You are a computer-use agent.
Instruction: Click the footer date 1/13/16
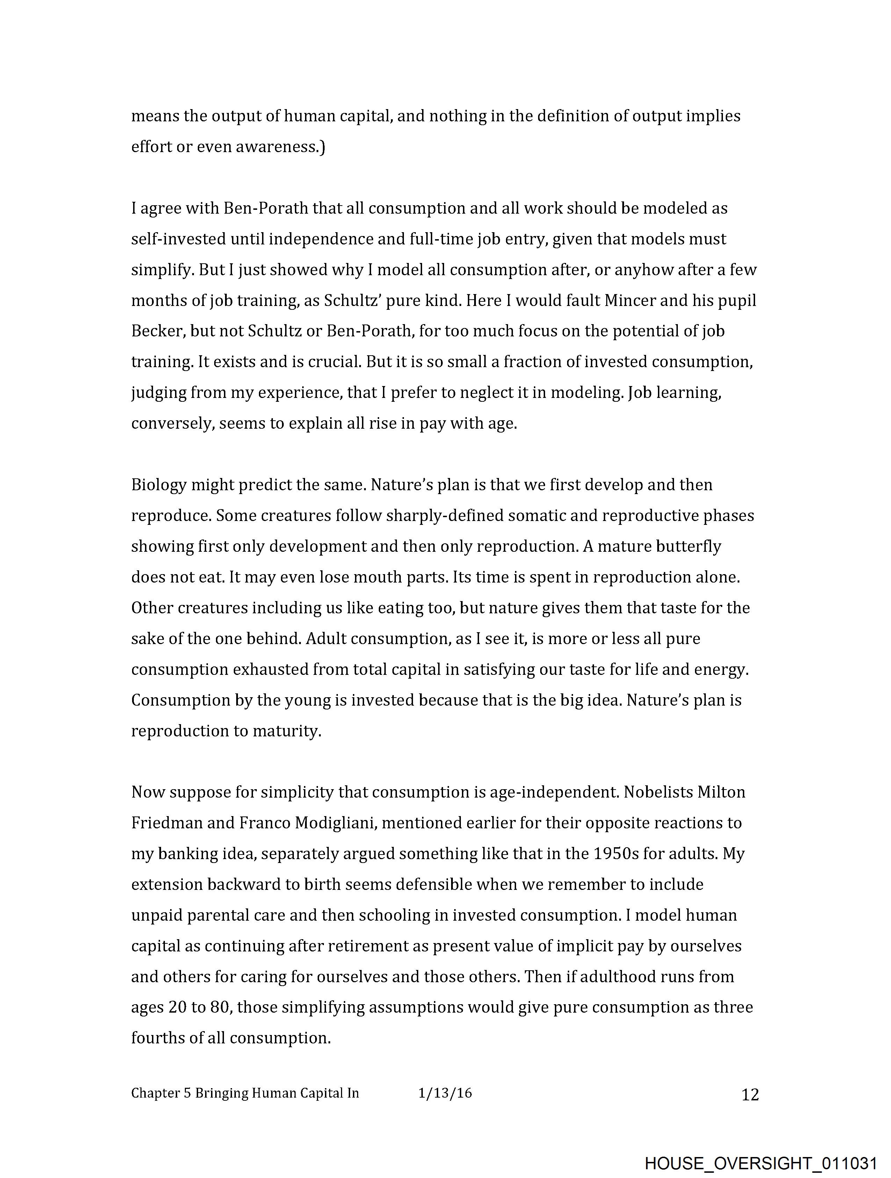point(445,1093)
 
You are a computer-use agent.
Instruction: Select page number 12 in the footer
point(750,1094)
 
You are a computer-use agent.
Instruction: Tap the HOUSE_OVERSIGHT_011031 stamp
point(761,1163)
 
